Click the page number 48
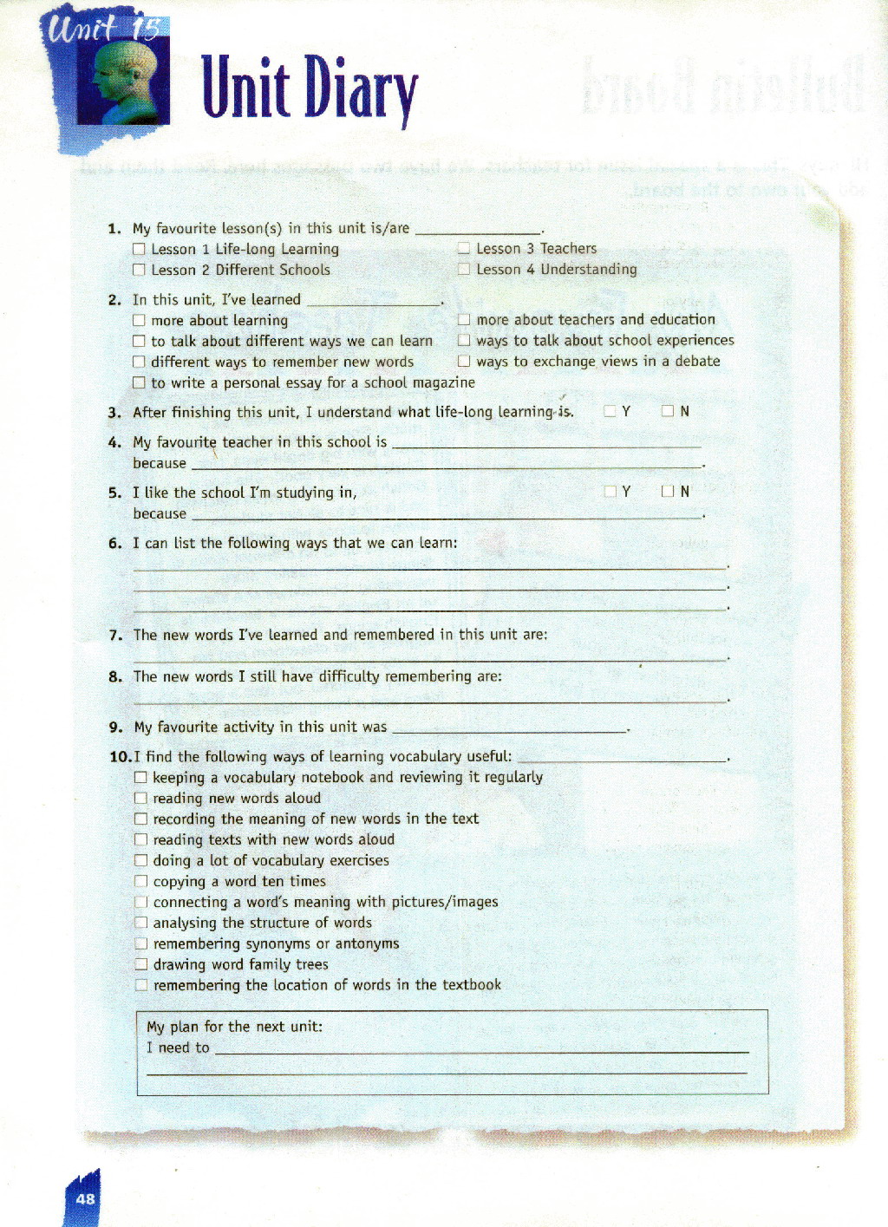pyautogui.click(x=85, y=1199)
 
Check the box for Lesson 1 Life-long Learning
pyautogui.click(x=139, y=249)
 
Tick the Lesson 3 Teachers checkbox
pyautogui.click(x=464, y=249)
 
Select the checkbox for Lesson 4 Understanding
pyautogui.click(x=464, y=269)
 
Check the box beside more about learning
pyautogui.click(x=139, y=320)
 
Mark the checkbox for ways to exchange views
pyautogui.click(x=464, y=361)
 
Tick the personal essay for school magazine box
pyautogui.click(x=139, y=382)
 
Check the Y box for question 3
pyautogui.click(x=610, y=411)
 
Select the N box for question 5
pyautogui.click(x=668, y=492)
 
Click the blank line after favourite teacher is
pyautogui.click(x=546, y=444)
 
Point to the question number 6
pyautogui.click(x=114, y=544)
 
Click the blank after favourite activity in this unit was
pyautogui.click(x=510, y=728)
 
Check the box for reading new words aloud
pyautogui.click(x=140, y=798)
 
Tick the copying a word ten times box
pyautogui.click(x=140, y=881)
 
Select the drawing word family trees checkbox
pyautogui.click(x=140, y=964)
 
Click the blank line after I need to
pyautogui.click(x=481, y=1049)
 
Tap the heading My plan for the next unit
pyautogui.click(x=235, y=1027)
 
